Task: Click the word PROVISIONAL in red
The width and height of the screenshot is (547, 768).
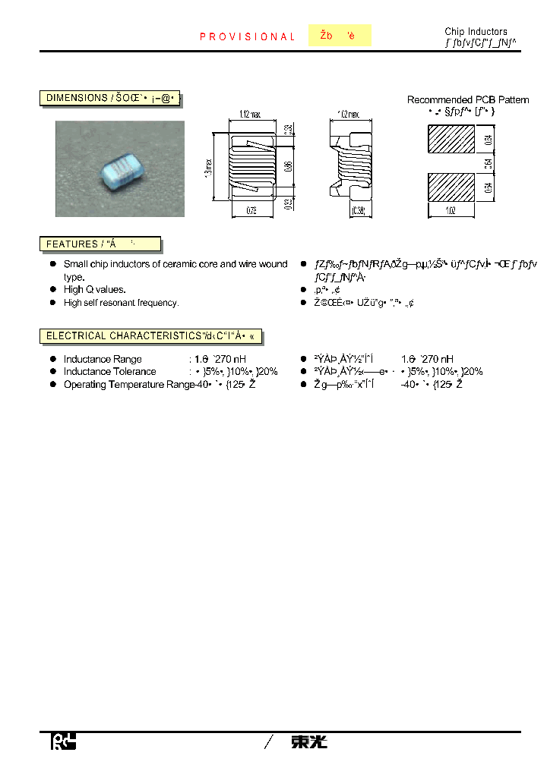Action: point(247,36)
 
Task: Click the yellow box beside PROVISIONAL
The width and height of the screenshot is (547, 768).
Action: point(340,36)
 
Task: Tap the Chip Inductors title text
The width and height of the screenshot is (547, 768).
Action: point(476,32)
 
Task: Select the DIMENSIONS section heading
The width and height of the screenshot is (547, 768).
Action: point(110,98)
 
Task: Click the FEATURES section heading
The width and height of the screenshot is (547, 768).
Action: point(100,244)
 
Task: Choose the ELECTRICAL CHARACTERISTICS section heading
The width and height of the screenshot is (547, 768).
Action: point(151,335)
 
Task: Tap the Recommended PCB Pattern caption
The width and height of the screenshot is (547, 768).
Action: point(468,99)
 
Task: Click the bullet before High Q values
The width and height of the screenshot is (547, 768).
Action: point(53,289)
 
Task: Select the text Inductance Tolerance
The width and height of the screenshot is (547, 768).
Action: point(109,371)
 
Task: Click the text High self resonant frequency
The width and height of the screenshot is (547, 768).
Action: point(121,303)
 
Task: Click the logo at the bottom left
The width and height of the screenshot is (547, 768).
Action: point(63,741)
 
